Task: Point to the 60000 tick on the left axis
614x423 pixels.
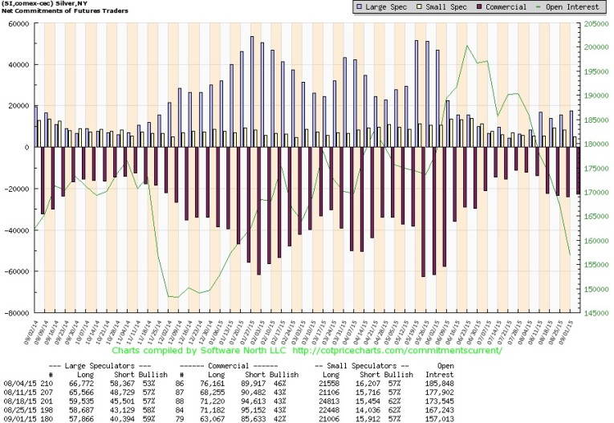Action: (x=17, y=23)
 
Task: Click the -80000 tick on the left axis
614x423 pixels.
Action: (x=15, y=313)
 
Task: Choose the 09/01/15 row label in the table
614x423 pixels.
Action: (x=17, y=418)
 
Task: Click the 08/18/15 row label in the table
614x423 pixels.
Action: (x=17, y=401)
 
